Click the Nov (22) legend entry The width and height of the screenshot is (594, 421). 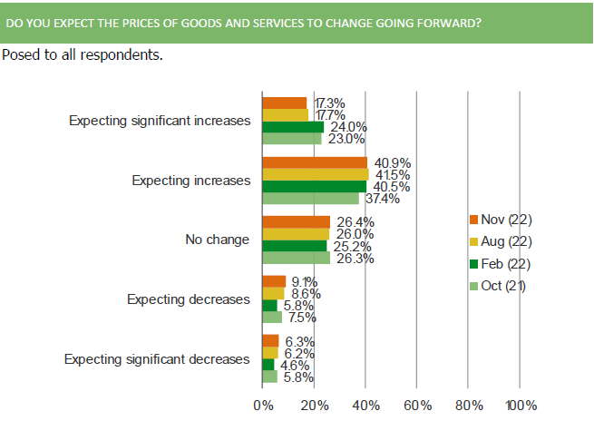(x=500, y=219)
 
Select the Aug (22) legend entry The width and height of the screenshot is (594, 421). (x=500, y=241)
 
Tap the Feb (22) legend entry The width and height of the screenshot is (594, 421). (x=500, y=264)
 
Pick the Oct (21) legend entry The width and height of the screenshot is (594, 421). (x=500, y=287)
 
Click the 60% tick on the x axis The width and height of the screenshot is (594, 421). (x=417, y=405)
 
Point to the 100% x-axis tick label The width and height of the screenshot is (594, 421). (x=521, y=405)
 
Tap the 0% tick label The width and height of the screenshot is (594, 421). (x=263, y=405)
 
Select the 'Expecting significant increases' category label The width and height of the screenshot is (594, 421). (x=160, y=121)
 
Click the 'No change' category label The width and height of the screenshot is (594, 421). (x=217, y=240)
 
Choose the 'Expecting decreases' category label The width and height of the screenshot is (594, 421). (x=188, y=299)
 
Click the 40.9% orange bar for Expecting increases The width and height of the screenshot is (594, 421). (x=315, y=162)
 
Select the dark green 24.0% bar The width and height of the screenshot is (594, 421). (x=293, y=127)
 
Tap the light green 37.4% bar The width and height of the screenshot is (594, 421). (x=310, y=198)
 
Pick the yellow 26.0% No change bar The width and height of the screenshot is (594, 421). (x=296, y=234)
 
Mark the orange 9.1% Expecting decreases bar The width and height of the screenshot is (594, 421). (x=274, y=281)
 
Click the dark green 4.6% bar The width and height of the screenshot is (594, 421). (x=268, y=365)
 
